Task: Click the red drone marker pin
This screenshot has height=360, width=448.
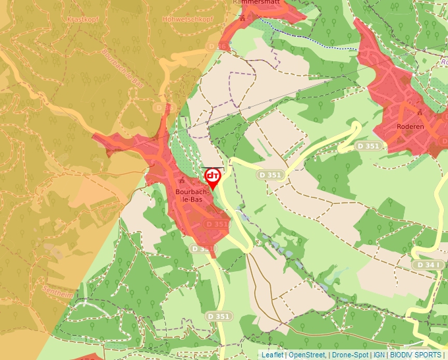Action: pyautogui.click(x=212, y=177)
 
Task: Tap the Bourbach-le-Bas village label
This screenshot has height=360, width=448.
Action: pyautogui.click(x=192, y=195)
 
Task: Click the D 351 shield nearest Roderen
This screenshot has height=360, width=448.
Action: pyautogui.click(x=368, y=145)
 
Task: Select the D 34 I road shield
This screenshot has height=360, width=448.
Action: pyautogui.click(x=428, y=265)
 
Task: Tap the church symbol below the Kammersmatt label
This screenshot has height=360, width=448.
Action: pyautogui.click(x=242, y=18)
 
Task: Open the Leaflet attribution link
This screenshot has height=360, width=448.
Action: pyautogui.click(x=272, y=355)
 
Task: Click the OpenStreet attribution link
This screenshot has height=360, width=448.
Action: pyautogui.click(x=308, y=355)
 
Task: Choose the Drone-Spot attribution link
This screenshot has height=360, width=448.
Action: pyautogui.click(x=350, y=355)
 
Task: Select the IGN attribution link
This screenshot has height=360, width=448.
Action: pyautogui.click(x=379, y=355)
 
